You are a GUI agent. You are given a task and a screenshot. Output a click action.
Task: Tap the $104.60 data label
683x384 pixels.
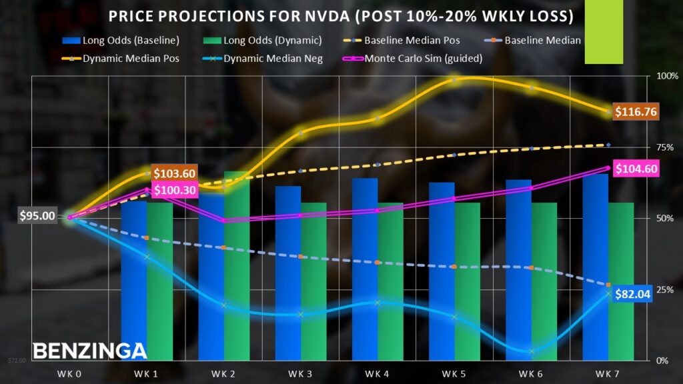(636, 169)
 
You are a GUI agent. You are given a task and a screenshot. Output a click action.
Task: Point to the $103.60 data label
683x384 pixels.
(174, 173)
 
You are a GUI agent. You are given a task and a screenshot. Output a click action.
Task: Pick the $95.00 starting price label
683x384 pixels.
(37, 216)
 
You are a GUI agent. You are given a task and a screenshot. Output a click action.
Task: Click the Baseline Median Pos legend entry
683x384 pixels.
(412, 41)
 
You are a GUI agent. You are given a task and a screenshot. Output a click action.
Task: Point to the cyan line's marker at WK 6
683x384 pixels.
(532, 351)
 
